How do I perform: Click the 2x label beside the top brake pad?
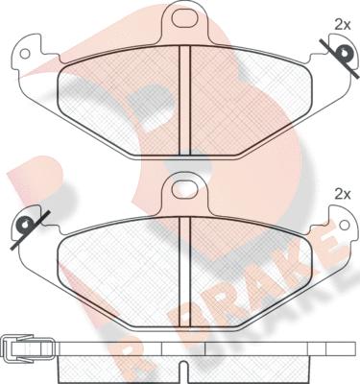343,25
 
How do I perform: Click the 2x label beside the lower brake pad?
343,194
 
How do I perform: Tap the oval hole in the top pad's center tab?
184,18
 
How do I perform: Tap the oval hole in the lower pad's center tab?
184,189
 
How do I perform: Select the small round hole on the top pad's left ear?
24,54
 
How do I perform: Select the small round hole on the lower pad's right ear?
345,225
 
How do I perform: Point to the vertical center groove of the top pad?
184,100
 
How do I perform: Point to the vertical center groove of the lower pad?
184,272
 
